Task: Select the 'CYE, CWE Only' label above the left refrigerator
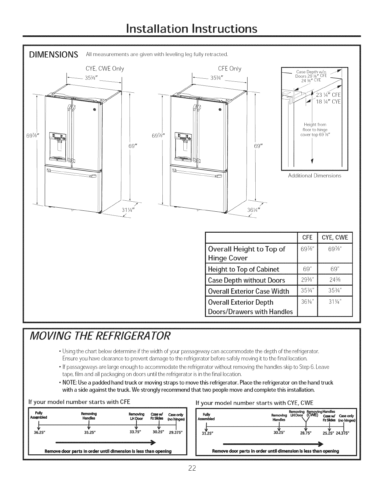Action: click(x=103, y=69)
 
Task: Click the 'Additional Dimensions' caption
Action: click(x=314, y=176)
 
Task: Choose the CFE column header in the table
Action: click(x=307, y=237)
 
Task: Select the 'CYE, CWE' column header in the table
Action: click(x=335, y=237)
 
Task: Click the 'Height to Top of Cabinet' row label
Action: click(x=244, y=269)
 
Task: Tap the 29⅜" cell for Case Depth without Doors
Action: click(x=307, y=280)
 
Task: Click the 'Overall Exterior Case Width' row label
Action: click(x=248, y=291)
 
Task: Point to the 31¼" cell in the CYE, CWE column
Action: click(x=335, y=302)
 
